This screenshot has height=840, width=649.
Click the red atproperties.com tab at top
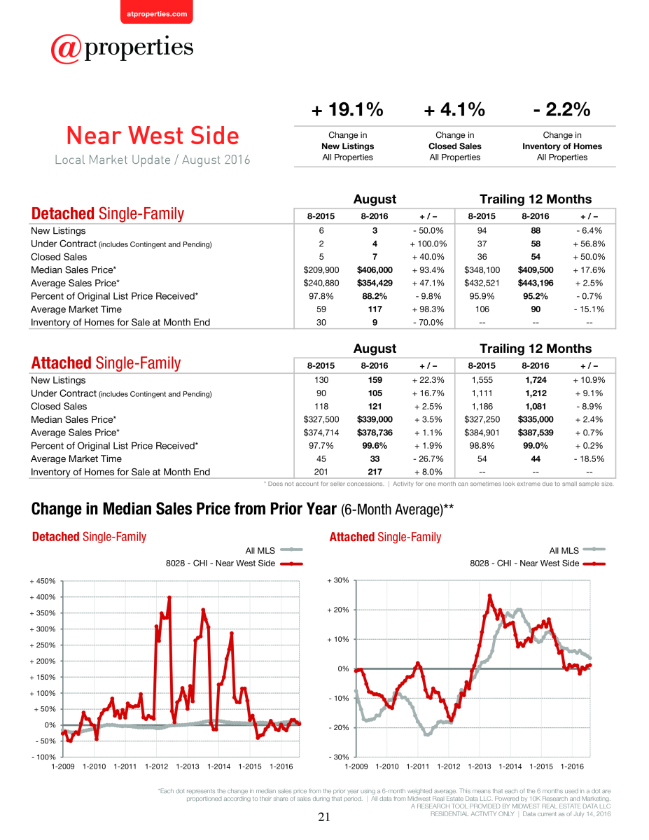point(157,12)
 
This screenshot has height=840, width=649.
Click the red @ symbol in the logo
point(66,49)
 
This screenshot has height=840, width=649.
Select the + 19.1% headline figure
point(347,109)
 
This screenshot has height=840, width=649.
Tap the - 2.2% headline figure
point(561,109)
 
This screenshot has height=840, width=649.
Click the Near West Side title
point(153,135)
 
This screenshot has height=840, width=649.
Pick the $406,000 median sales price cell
point(375,269)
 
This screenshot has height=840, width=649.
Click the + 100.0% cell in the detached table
point(428,244)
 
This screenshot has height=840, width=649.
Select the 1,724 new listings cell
point(536,380)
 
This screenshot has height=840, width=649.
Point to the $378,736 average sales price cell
point(375,433)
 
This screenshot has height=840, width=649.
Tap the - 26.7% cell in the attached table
point(428,458)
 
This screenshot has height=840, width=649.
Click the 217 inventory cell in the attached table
point(375,472)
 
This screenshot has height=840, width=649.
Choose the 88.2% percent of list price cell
point(375,296)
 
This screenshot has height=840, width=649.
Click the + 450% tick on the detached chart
point(43,581)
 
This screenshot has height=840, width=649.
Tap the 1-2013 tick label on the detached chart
point(188,766)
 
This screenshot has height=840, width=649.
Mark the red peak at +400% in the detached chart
point(169,598)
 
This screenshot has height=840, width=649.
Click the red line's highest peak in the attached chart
point(490,596)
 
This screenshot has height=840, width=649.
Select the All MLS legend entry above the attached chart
point(577,550)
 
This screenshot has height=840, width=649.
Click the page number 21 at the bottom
point(324,817)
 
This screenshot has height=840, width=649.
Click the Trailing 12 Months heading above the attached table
point(536,349)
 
